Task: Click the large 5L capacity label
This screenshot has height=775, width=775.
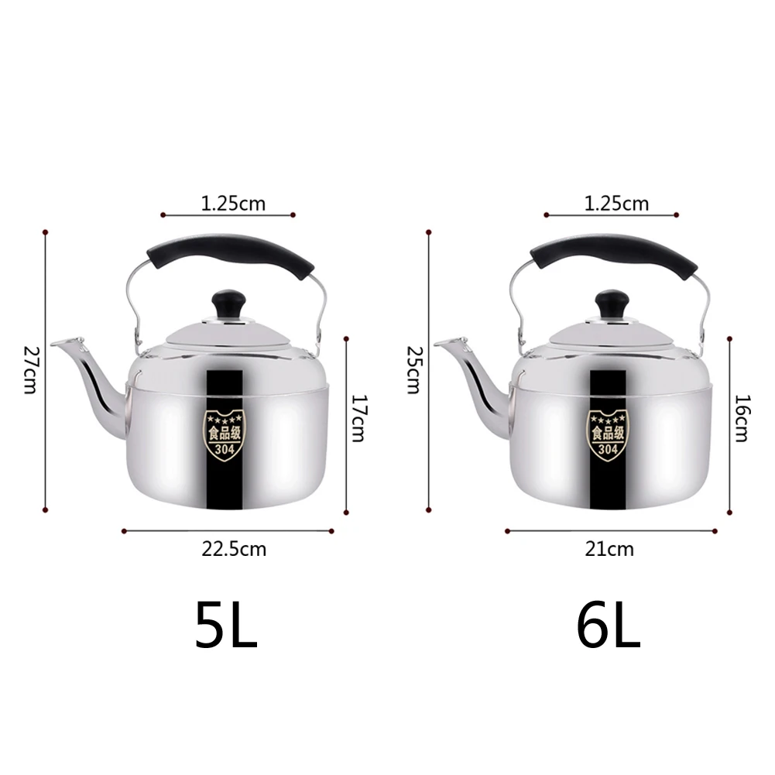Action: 226,625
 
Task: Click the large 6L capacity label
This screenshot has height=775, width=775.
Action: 609,625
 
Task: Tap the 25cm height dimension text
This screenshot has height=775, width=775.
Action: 413,370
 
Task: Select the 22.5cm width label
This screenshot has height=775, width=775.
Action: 234,549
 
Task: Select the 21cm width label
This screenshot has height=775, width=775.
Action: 609,549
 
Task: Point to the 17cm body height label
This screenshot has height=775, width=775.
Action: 358,418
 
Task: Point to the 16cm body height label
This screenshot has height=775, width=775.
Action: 742,418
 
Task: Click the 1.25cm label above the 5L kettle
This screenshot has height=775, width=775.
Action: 233,204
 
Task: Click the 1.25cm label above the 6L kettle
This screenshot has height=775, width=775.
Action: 617,204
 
